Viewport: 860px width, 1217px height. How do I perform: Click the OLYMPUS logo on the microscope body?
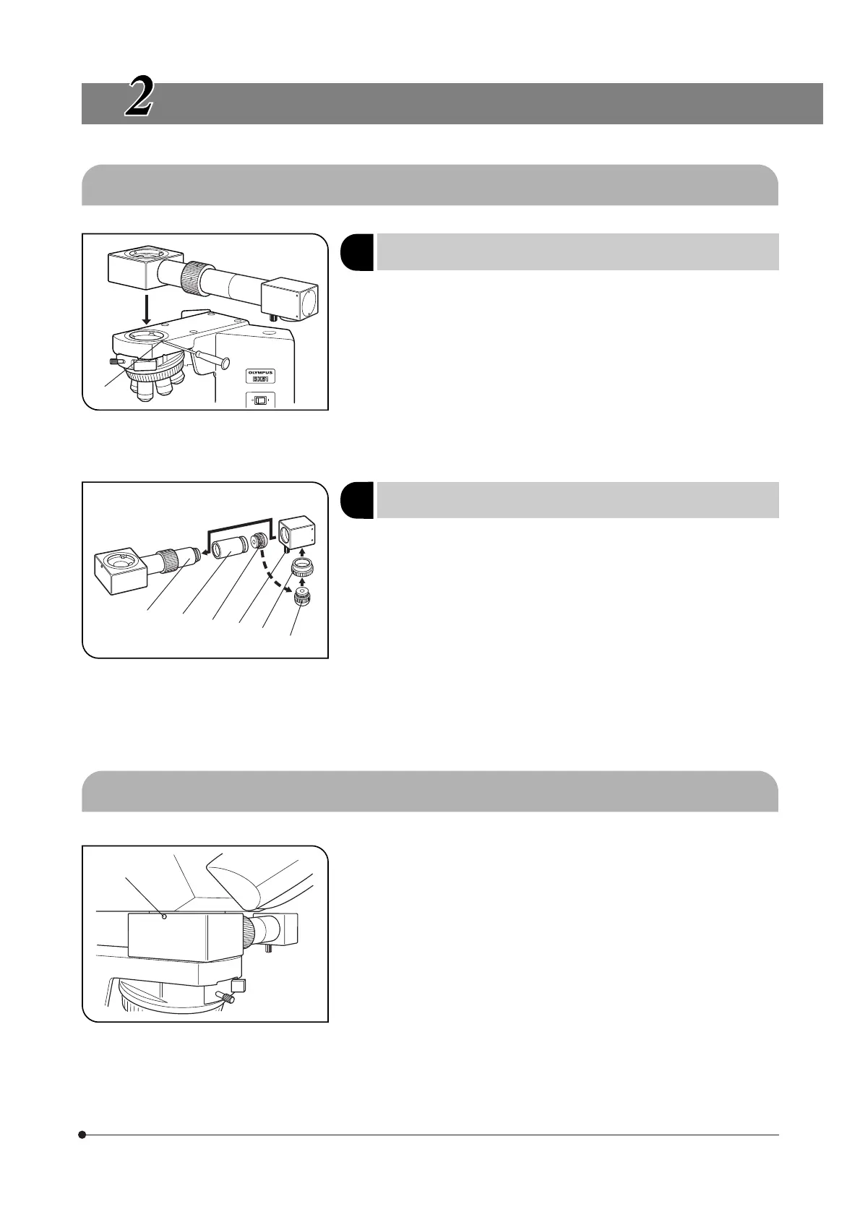pos(259,371)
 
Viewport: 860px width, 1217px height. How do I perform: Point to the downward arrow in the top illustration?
pos(146,307)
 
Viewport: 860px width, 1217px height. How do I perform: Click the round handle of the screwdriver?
pos(225,360)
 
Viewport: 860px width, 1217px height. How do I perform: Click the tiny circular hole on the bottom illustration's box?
pos(165,917)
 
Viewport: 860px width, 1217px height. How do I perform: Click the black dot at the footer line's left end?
pos(82,1135)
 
